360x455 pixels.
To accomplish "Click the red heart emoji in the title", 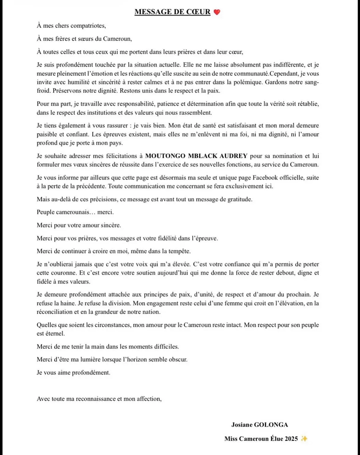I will (217, 12).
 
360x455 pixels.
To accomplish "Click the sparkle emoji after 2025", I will (304, 439).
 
